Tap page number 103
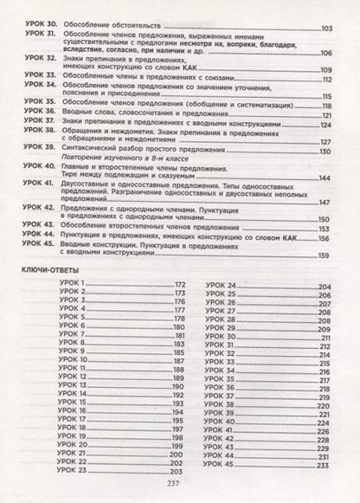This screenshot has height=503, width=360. coord(327,29)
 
